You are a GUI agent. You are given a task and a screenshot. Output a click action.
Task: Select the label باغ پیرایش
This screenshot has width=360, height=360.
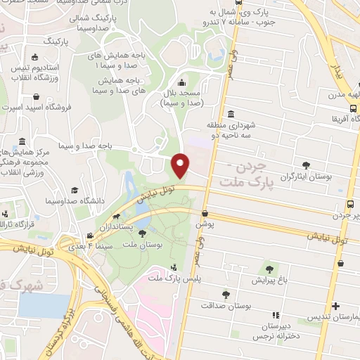(269, 281)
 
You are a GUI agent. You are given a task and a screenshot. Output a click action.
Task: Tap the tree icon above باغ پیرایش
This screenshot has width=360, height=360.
(269, 269)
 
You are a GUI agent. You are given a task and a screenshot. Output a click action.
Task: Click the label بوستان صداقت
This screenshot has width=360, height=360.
(220, 306)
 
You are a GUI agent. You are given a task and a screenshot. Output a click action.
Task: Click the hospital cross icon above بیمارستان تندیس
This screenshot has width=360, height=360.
(337, 306)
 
